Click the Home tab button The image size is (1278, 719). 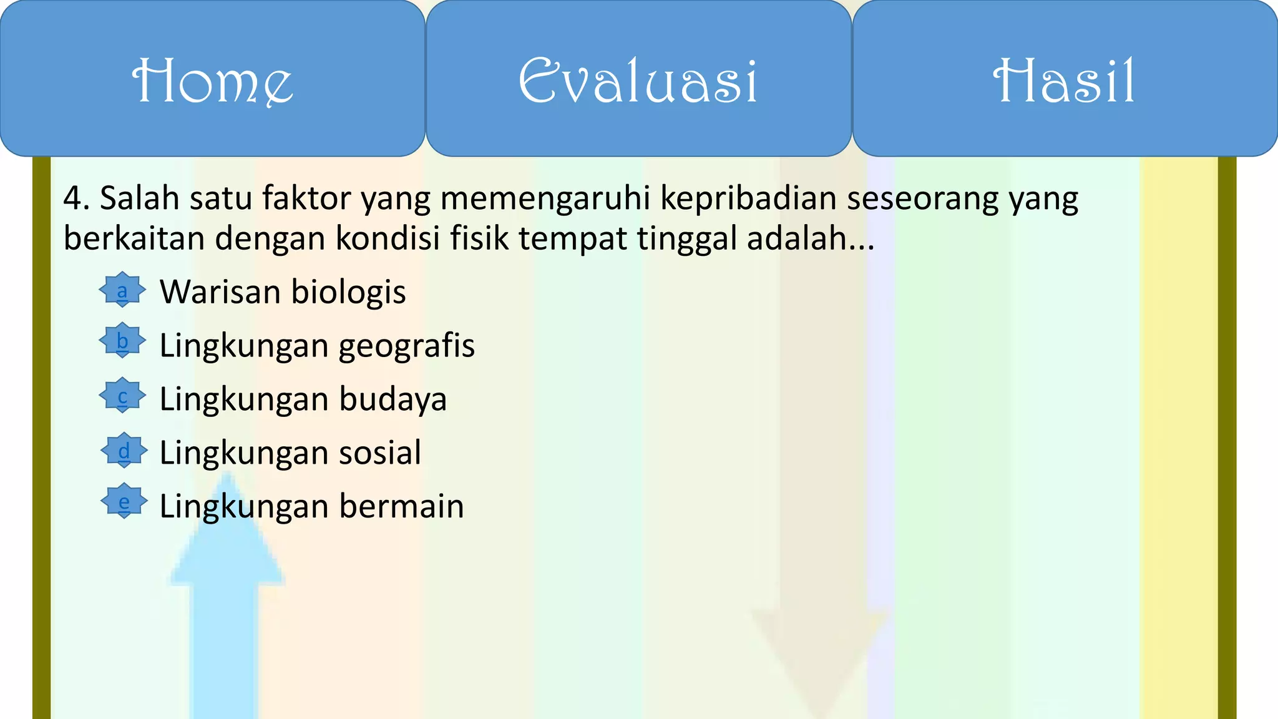coord(212,79)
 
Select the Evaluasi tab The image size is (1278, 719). coord(638,79)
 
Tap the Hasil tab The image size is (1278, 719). coord(1065,79)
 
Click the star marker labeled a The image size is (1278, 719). coord(122,290)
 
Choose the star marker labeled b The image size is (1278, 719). coord(122,341)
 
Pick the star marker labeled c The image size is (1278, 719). coord(122,396)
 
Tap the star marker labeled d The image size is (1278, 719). coord(124,450)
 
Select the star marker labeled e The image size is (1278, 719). coord(124,501)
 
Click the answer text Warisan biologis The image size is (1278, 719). coord(283,292)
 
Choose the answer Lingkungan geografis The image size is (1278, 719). coord(317,346)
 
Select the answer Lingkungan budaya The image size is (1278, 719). coord(303,399)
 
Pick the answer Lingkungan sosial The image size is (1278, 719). coord(290,453)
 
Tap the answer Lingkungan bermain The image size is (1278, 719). coord(311,506)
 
